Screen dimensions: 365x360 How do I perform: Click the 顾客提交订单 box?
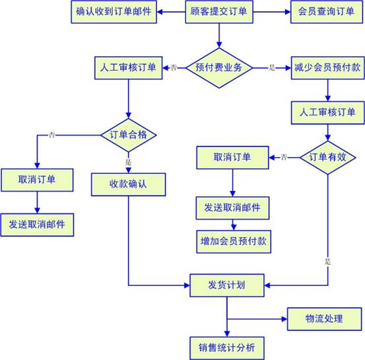[x=219, y=12]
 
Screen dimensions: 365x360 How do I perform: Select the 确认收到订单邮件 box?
[x=114, y=12]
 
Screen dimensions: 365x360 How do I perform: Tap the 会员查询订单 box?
[x=327, y=12]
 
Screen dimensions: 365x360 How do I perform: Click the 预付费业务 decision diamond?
[x=219, y=68]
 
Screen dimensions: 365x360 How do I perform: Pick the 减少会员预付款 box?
[x=327, y=68]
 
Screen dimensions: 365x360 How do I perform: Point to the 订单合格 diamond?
[x=128, y=135]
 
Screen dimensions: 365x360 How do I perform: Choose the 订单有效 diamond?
[x=328, y=157]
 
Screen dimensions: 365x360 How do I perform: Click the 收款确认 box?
[x=128, y=184]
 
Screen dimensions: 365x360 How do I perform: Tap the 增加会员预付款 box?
[x=234, y=242]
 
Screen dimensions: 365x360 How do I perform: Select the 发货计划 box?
[x=227, y=285]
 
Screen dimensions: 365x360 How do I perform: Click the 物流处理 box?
[x=324, y=319]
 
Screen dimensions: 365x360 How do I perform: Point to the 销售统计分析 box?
[x=227, y=348]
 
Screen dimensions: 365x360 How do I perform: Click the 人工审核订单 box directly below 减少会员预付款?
[x=327, y=112]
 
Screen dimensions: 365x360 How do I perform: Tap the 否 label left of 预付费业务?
[x=174, y=68]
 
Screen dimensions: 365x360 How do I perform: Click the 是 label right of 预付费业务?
[x=272, y=68]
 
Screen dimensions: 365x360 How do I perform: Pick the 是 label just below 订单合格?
[x=128, y=162]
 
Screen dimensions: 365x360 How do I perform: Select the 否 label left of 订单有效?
[x=284, y=157]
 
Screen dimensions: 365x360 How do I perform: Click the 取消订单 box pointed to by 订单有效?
[x=232, y=157]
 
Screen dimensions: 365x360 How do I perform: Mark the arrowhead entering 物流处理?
[x=284, y=319]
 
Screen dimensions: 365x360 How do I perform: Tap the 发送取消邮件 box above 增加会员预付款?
[x=232, y=208]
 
